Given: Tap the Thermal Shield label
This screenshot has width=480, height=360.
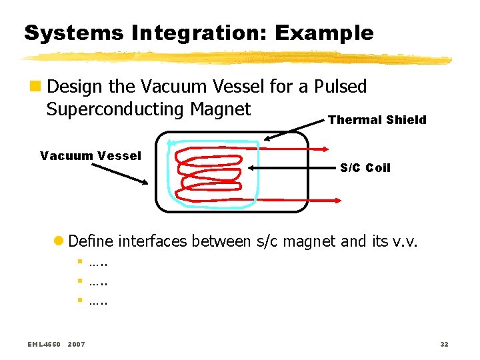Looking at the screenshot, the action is tap(377, 120).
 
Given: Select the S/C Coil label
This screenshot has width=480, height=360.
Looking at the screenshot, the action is tap(365, 168).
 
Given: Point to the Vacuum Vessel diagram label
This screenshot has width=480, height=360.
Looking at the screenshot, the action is tap(91, 156).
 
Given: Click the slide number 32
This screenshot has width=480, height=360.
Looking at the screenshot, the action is tap(444, 345).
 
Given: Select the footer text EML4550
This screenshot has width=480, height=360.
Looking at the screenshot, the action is tap(44, 345).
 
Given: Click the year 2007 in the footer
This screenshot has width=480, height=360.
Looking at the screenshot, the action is tap(76, 345).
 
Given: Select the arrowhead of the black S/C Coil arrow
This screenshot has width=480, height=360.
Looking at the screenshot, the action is tap(246, 168).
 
